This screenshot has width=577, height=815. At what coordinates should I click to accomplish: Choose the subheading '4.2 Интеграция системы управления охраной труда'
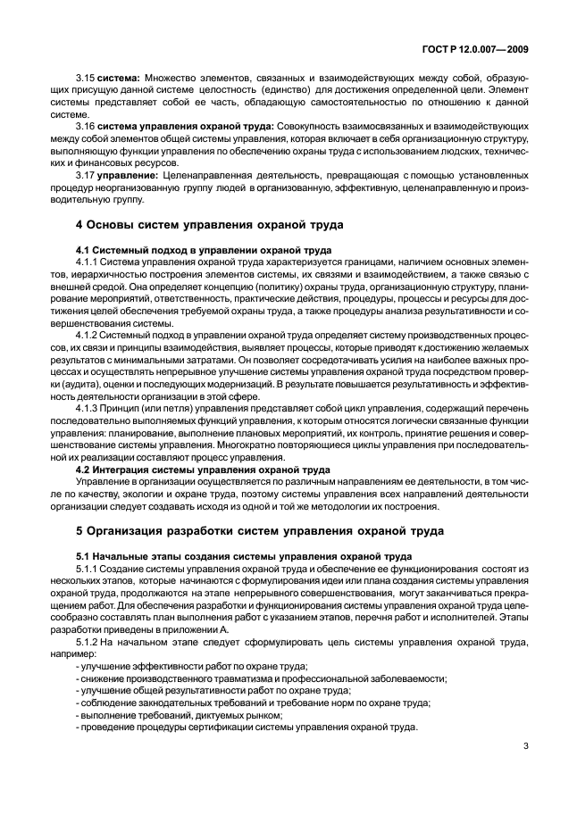(203, 469)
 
